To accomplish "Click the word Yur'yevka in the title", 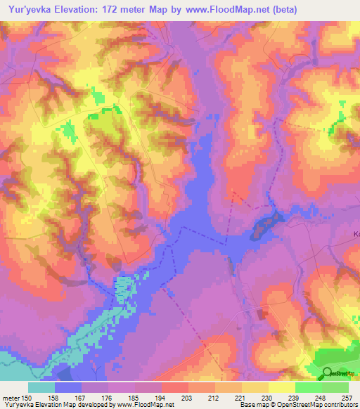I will point(32,9).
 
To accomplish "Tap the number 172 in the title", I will point(124,9).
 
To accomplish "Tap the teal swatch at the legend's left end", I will point(41,387).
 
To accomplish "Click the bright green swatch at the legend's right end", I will point(335,387).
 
